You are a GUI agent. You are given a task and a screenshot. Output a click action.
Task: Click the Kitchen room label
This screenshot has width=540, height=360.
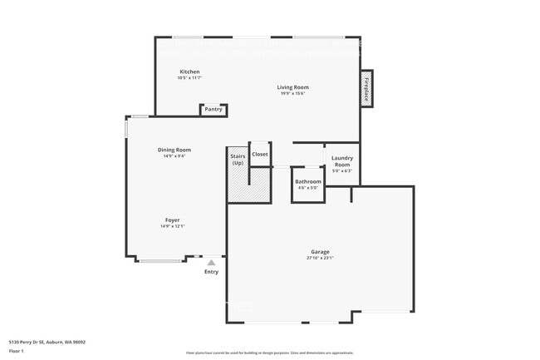coord(189,72)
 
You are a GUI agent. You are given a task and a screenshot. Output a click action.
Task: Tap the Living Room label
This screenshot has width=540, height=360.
coord(292,87)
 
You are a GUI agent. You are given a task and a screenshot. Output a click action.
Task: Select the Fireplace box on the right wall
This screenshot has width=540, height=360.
coord(366,89)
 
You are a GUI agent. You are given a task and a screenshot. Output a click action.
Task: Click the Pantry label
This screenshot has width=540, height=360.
coord(214,109)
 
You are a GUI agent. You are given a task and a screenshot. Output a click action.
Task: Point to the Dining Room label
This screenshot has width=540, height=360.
coord(174,150)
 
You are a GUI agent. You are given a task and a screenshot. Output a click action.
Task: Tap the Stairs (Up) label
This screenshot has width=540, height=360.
coord(238,159)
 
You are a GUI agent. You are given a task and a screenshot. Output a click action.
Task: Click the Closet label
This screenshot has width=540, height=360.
coord(260,154)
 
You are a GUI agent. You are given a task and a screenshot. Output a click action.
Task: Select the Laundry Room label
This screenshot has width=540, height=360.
coord(342,160)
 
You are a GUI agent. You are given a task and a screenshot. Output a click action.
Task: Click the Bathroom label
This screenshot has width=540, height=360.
coord(307,181)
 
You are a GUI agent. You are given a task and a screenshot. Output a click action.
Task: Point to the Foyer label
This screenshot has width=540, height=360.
coord(172,220)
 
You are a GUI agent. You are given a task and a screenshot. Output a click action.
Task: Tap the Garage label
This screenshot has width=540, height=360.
coord(320,252)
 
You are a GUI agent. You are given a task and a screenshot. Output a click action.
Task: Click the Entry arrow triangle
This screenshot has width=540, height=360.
coord(211,263)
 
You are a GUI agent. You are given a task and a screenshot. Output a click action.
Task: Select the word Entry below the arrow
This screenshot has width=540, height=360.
coord(211,271)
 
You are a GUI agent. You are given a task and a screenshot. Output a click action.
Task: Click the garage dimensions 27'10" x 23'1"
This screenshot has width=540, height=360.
coord(320,258)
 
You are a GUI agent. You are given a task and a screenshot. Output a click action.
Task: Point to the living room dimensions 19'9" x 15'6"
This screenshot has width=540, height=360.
coord(292,93)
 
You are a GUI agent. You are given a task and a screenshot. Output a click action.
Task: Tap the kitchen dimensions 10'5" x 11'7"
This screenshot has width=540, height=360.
coord(189,77)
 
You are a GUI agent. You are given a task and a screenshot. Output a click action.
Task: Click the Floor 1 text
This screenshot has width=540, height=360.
coord(17,350)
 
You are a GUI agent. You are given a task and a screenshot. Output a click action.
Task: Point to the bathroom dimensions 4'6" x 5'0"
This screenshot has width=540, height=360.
coord(307,187)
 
